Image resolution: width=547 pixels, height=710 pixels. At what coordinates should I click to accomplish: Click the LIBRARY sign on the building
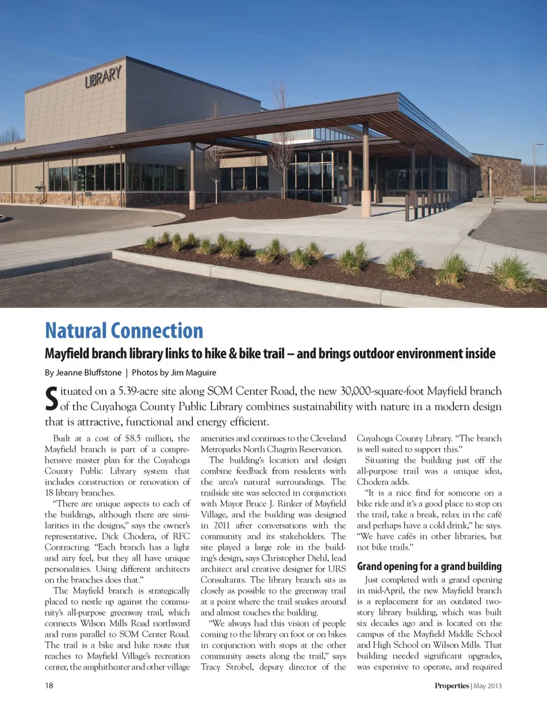point(103,76)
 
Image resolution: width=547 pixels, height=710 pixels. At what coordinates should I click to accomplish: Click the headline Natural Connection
point(124,331)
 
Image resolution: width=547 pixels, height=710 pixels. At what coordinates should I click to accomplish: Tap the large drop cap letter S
point(51,399)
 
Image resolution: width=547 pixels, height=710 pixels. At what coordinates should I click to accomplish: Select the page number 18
point(49,685)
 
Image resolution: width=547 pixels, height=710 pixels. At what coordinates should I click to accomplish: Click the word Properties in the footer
point(451,685)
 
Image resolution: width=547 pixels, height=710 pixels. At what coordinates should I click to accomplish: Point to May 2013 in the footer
point(488,685)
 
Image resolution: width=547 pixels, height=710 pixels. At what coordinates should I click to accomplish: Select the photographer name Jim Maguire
point(194,372)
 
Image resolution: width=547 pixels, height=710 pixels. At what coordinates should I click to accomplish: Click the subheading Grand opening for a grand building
point(429,566)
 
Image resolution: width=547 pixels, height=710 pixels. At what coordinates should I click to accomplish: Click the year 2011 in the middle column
point(222,525)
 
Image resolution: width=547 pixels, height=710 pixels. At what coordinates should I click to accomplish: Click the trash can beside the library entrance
point(344,194)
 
